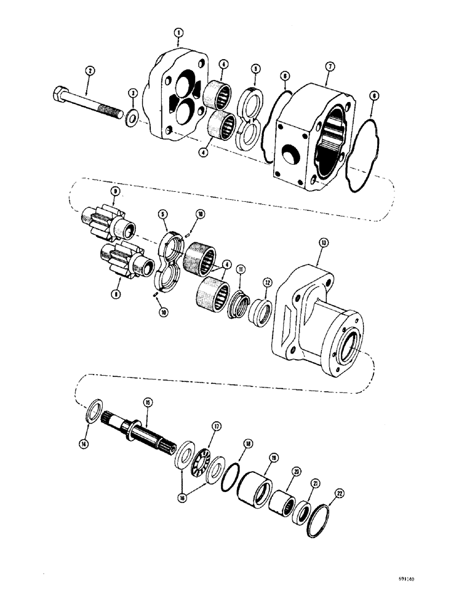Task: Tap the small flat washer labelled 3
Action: pyautogui.click(x=130, y=117)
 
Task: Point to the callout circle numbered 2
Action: pyautogui.click(x=89, y=71)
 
